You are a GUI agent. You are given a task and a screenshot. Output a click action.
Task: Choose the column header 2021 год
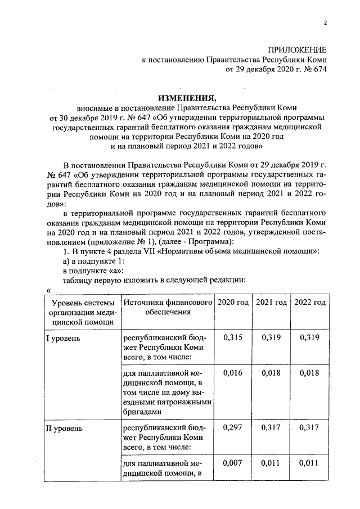[x=271, y=303]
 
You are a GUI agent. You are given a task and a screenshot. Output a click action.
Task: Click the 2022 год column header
[x=310, y=303]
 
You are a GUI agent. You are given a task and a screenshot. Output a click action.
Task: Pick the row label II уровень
[x=64, y=429]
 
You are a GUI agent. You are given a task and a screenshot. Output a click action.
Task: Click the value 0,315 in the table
[x=233, y=337]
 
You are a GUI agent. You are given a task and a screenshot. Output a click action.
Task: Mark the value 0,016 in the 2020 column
[x=233, y=372]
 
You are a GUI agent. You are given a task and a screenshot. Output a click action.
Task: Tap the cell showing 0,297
[x=233, y=428]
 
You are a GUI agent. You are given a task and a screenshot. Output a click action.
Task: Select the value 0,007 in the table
[x=233, y=463]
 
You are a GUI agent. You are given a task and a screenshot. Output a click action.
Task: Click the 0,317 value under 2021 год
[x=271, y=428]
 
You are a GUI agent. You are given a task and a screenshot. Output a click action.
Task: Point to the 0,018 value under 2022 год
[x=310, y=372]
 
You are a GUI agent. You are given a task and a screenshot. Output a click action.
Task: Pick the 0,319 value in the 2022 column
[x=310, y=337]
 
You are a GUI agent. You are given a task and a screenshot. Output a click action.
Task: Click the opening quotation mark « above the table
[x=49, y=290]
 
